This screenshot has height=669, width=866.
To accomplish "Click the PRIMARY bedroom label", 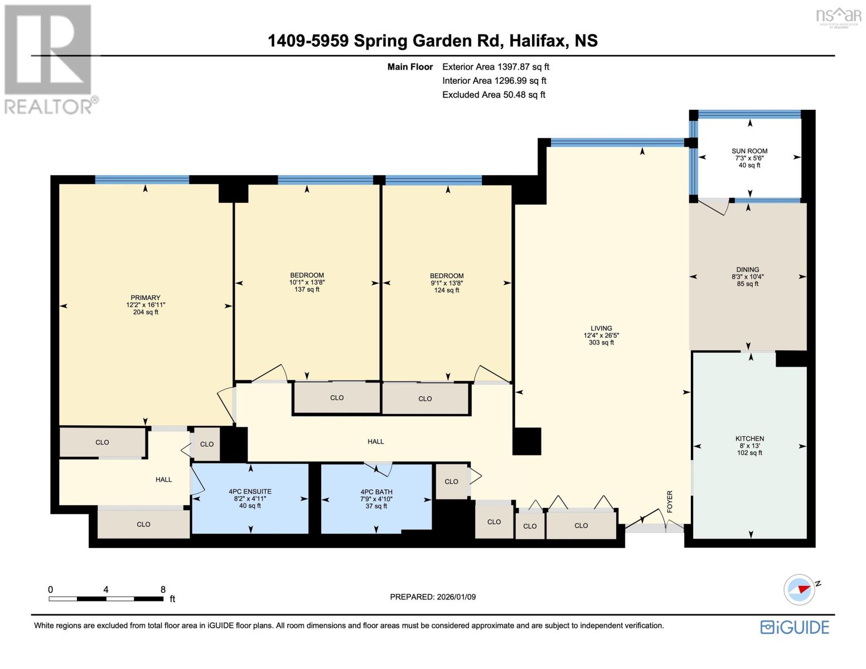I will coord(146,298).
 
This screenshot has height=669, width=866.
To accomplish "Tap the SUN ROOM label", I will coord(749,151).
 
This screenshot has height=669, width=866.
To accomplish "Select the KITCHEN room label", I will coord(749,439).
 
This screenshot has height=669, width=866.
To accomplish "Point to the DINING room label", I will coord(748,270).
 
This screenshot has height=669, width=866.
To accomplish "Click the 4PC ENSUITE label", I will coord(250,492).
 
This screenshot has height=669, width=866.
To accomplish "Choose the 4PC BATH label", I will coord(376,492).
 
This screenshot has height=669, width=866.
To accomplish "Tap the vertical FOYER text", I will coord(670,502).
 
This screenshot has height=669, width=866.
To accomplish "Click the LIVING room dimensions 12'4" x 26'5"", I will coord(601,336).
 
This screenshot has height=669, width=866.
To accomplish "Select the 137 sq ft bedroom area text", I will coord(307,289).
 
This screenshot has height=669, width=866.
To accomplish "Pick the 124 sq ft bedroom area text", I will coord(447,290).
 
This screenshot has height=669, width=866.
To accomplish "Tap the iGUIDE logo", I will coord(795,627).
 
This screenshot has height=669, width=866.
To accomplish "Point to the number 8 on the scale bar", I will coord(163,590).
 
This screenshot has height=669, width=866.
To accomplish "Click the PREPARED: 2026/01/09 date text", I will coord(433,597).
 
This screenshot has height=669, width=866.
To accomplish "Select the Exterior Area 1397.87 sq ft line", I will coord(496,67).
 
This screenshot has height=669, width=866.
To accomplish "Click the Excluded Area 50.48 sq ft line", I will coord(494,95).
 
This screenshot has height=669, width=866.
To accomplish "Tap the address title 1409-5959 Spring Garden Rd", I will coord(433,41).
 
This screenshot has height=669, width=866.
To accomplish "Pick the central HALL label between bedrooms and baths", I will coord(375,442).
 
